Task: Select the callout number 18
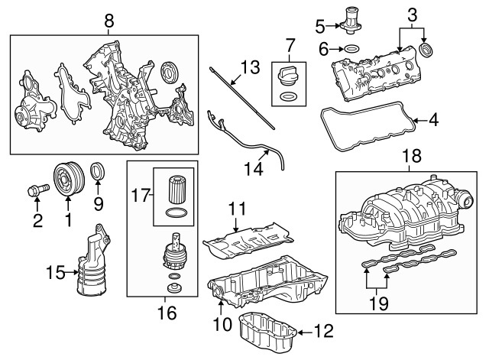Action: pos(411,157)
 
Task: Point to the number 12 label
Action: pos(324,331)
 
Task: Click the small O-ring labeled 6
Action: pos(351,50)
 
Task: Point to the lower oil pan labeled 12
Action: pos(268,329)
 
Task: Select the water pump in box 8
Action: pos(33,107)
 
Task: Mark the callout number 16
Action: pos(166,313)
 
